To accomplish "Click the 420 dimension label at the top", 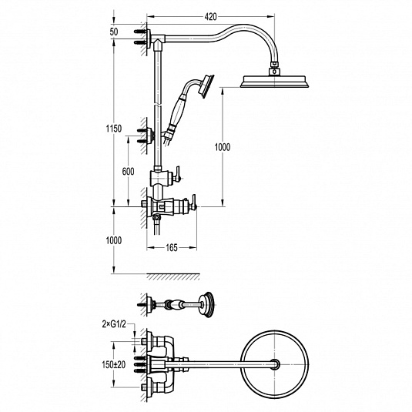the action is [x=210, y=17].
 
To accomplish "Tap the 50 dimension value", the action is [x=114, y=32].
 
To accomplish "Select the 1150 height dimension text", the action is [x=114, y=129].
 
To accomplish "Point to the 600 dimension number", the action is [x=129, y=172].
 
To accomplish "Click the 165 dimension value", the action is [x=172, y=248].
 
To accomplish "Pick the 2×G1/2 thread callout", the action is [x=114, y=325].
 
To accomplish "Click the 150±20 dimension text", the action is [x=114, y=365].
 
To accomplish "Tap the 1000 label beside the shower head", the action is [x=223, y=147].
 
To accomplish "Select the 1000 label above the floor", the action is [x=114, y=240].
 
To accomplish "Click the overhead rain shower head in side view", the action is [x=274, y=82].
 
